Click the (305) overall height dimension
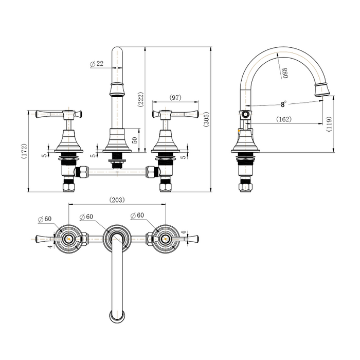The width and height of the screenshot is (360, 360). pos(207,119)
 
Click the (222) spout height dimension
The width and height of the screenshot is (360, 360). pos(140,99)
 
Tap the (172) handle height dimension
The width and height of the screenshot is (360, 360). pos(24,151)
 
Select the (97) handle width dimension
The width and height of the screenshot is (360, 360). pos(175,97)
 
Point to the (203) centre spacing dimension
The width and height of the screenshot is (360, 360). pos(117,200)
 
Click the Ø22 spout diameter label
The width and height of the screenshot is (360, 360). pos(97,64)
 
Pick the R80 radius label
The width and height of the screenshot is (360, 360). pos(284,73)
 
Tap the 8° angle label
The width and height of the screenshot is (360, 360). pos(284,104)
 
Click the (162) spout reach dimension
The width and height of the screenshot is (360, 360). pos(284,119)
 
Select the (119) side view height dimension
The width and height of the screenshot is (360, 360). pos(329,124)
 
